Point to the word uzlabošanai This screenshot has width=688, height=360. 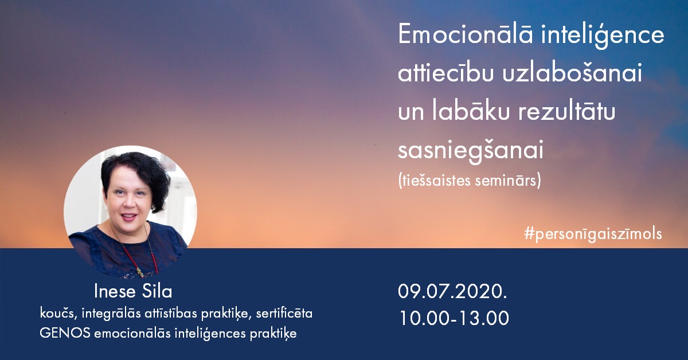[572, 72]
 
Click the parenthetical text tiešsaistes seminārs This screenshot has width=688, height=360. [470, 181]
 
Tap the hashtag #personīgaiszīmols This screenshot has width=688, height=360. [593, 234]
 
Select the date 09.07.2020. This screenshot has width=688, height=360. [453, 291]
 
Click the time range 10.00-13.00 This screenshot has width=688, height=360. [454, 318]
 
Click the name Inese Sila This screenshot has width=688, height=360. [133, 291]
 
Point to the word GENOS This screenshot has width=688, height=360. [65, 333]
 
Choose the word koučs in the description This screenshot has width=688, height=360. [57, 314]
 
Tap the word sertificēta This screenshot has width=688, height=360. [284, 314]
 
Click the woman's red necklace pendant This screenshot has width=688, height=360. [140, 272]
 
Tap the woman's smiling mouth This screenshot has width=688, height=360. [129, 217]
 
